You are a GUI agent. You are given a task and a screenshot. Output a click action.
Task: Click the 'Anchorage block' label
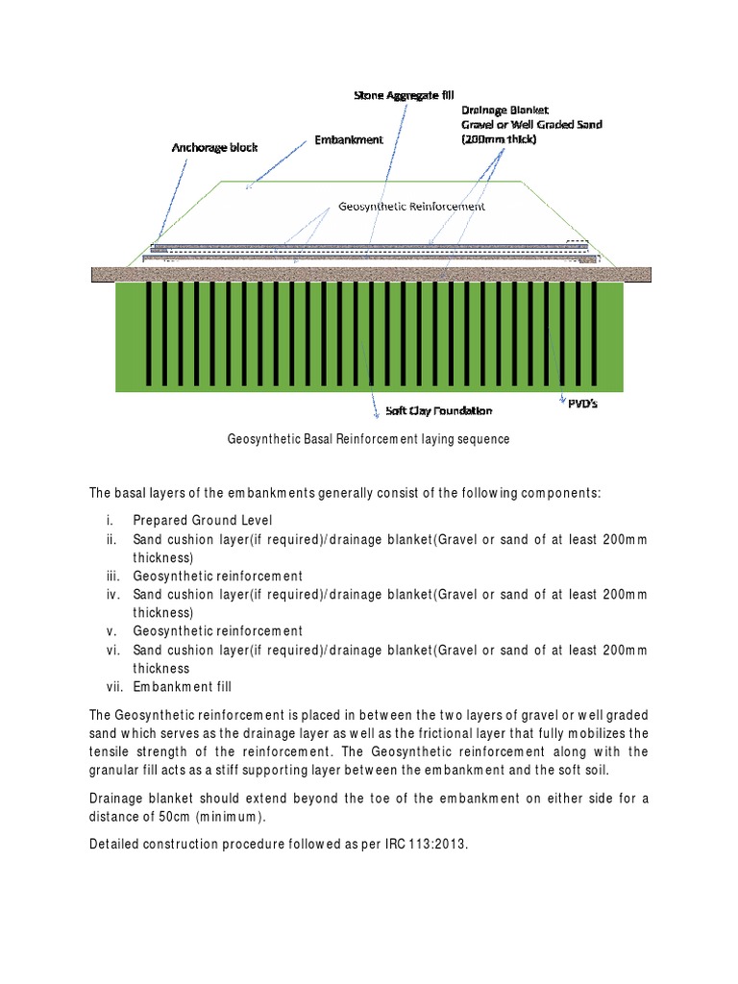(x=214, y=148)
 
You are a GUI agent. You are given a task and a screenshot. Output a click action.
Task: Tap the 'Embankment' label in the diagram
(x=349, y=139)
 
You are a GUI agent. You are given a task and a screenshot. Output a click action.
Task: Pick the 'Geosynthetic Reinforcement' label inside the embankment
(x=411, y=206)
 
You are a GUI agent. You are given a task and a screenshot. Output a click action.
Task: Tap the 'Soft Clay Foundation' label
(x=438, y=410)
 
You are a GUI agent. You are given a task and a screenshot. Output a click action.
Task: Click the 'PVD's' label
(x=579, y=404)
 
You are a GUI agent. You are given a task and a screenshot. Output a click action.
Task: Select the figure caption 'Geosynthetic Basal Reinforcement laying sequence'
(x=368, y=439)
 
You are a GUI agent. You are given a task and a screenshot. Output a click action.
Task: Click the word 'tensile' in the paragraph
(x=110, y=750)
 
